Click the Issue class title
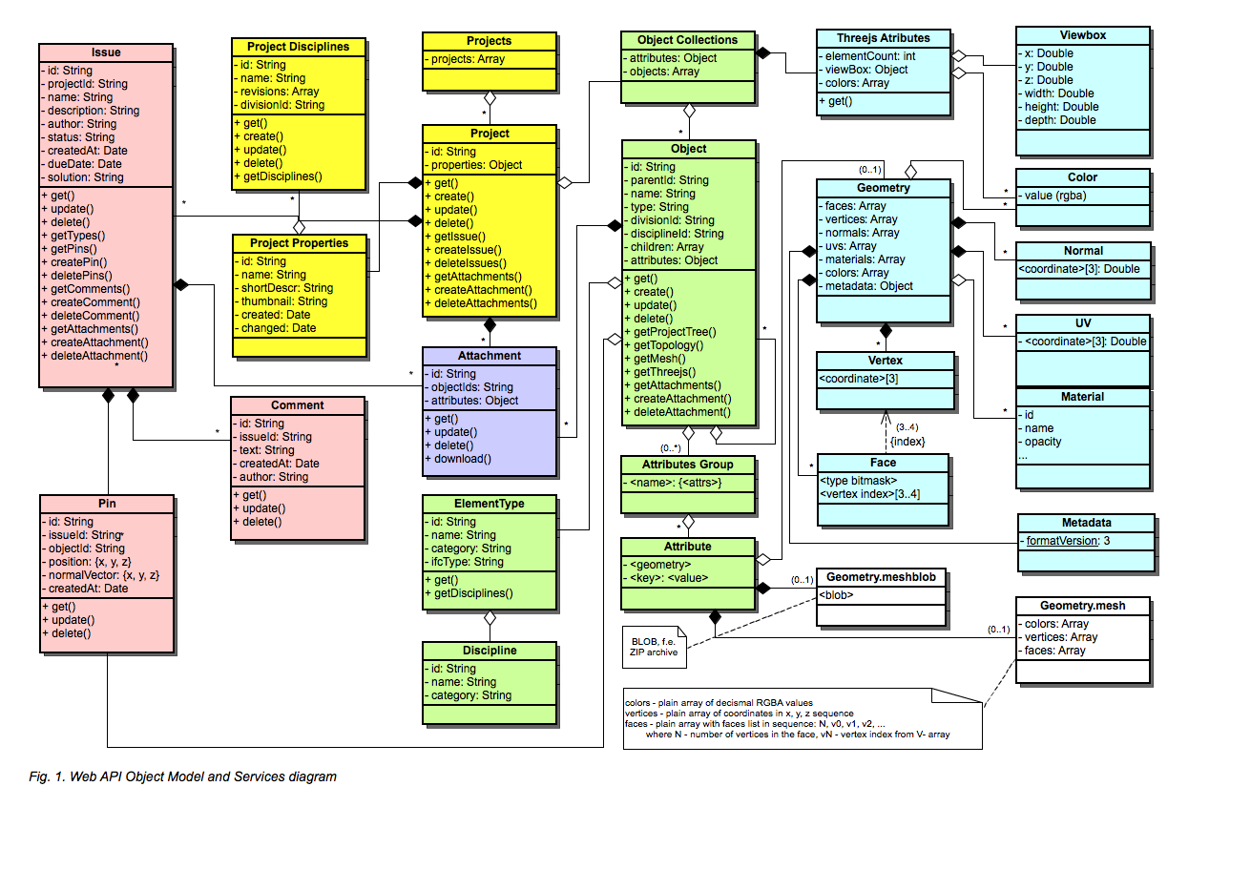[106, 52]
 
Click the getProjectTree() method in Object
[670, 332]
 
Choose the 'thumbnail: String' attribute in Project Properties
[281, 301]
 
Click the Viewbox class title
[1082, 35]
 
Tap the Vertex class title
[886, 361]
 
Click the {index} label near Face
[907, 442]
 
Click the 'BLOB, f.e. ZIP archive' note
[654, 647]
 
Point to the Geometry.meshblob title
[881, 577]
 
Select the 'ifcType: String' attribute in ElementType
[464, 562]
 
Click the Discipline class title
[490, 651]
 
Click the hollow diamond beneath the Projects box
[490, 98]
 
